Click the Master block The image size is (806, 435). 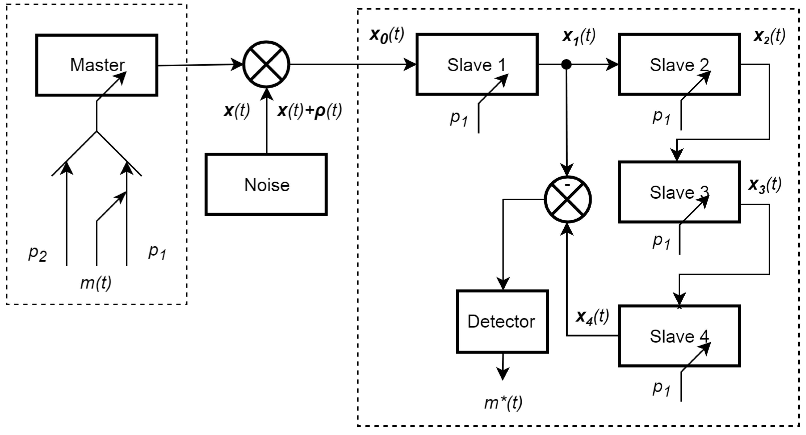[96, 65]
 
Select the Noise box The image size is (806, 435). [266, 184]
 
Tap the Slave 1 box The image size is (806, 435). [477, 64]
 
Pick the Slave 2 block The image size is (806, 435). [679, 64]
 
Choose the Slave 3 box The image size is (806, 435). [679, 192]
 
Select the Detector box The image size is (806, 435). [502, 322]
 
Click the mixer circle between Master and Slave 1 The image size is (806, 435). [266, 65]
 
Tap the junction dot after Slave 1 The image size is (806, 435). [566, 65]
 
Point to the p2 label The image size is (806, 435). [38, 253]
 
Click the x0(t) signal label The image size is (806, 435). [387, 35]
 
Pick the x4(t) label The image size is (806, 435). [592, 317]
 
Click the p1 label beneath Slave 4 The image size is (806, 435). [661, 388]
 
